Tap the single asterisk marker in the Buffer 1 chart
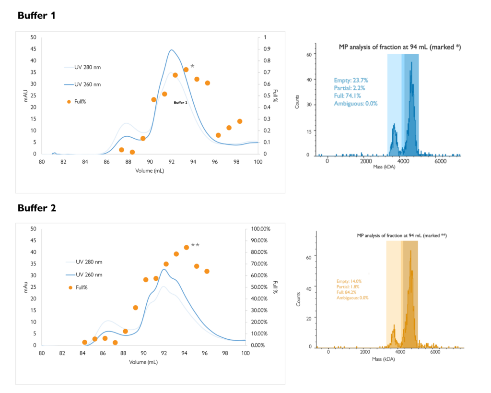tap(192, 67)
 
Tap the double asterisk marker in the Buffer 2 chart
tap(195, 246)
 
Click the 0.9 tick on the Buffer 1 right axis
tap(264, 49)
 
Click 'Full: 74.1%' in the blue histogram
tap(349, 95)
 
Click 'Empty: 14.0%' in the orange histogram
tap(349, 281)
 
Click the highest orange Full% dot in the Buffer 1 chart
tap(186, 70)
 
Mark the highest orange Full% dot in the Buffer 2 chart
tap(187, 248)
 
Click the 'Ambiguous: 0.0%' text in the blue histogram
tap(356, 103)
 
